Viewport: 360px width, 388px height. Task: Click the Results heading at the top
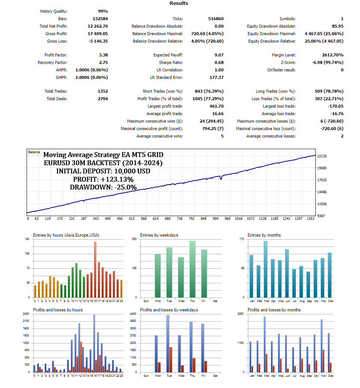coord(179,3)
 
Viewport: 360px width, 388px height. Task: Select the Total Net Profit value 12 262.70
coord(98,26)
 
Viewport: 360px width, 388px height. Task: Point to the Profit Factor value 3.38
coord(102,55)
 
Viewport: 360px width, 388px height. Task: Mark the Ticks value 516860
coord(216,19)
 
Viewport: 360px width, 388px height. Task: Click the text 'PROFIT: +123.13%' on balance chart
coord(103,179)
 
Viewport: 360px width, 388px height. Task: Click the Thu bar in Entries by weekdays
coord(193,269)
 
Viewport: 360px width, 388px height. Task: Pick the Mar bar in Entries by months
coord(266,269)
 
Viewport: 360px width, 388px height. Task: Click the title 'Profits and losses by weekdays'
coord(169,310)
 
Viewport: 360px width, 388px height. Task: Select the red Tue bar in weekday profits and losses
coord(170,360)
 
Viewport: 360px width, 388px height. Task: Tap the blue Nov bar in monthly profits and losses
coord(321,346)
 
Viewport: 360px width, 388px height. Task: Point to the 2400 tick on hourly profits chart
coord(26,314)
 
